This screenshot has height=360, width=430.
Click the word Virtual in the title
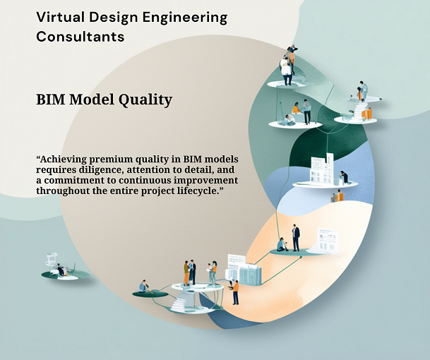point(60,17)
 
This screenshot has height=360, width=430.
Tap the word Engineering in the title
point(185,18)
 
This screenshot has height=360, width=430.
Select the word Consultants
point(80,37)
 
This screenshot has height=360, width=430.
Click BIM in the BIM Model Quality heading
point(51,99)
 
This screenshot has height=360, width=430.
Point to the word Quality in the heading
point(145,100)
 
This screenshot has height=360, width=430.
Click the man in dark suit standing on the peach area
point(295,238)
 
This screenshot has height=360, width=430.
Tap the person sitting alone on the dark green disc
point(144,287)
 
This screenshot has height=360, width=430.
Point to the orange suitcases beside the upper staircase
point(366,114)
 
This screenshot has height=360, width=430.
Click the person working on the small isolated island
point(61,270)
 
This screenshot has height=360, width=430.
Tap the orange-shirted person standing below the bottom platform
point(235,292)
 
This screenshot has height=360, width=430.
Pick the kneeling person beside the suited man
point(282,244)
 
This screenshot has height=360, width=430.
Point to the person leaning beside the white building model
point(344,177)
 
